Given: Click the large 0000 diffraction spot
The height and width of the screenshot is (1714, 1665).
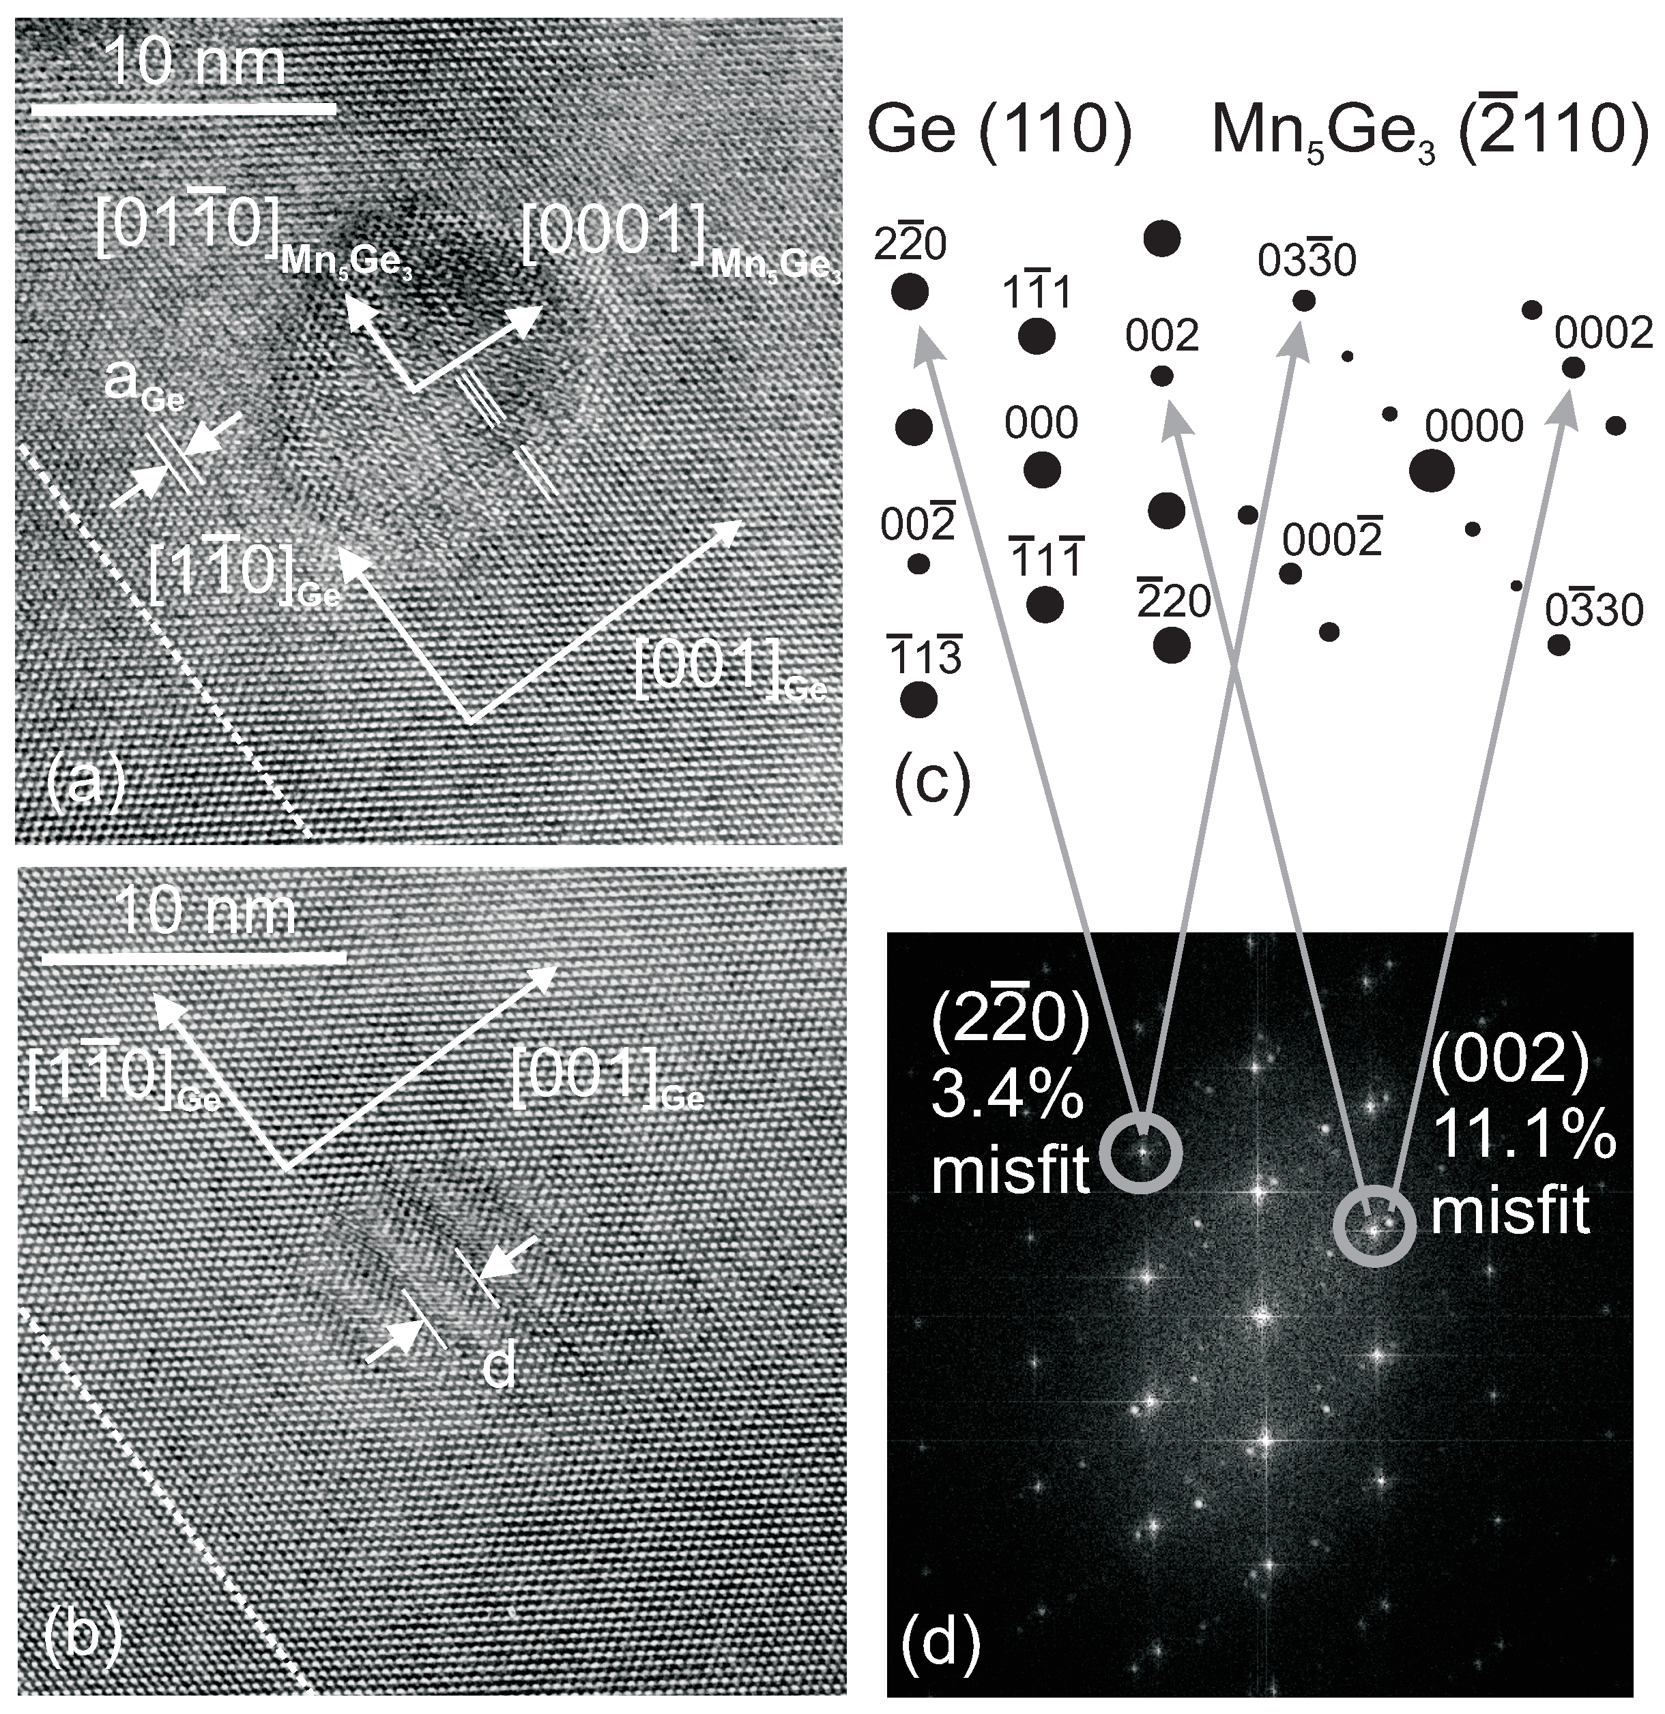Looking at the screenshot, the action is (x=1432, y=471).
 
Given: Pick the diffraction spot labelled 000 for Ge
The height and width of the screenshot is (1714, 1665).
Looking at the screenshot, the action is (x=1042, y=471).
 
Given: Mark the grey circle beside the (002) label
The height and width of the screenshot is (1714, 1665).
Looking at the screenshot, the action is (x=1374, y=1225).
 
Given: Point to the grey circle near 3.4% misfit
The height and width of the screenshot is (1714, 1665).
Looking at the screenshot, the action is (x=1141, y=1153).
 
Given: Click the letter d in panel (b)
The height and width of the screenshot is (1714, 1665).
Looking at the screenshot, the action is (x=499, y=1367).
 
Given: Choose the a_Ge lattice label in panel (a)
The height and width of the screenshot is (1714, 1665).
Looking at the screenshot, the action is (x=145, y=385).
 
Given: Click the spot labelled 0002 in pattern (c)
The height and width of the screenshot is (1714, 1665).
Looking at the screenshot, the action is (x=1572, y=368).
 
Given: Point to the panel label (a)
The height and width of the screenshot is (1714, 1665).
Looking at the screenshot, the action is (x=85, y=783).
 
